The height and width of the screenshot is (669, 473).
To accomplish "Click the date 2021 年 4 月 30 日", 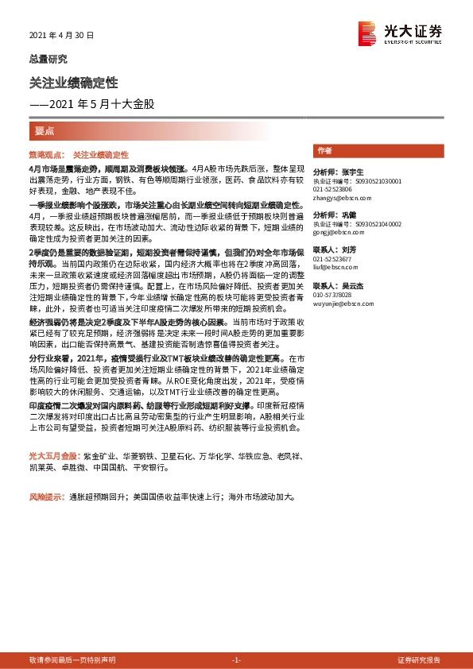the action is [61, 36].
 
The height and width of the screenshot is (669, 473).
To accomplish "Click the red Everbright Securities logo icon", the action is [367, 32].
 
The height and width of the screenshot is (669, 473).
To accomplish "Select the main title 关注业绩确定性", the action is [73, 83].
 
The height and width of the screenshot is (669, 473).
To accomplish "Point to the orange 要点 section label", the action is [45, 131].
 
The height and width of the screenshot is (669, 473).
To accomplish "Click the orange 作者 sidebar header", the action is [324, 150].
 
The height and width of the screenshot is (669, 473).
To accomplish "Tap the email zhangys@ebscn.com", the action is [337, 198].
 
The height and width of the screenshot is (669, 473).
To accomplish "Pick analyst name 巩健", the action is [347, 215].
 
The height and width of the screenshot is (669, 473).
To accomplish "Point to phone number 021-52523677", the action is [332, 259].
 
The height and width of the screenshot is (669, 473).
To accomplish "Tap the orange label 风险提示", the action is [46, 497].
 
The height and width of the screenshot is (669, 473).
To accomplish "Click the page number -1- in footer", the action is [236, 660].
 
